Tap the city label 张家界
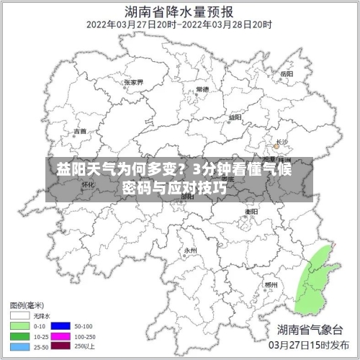tap(134, 82)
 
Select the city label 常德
tap(202, 89)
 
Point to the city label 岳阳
tap(287, 74)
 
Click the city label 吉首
tap(81, 132)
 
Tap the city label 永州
tap(190, 251)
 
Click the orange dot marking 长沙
tap(275, 146)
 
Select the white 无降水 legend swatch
tap(20, 315)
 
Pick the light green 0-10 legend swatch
tap(20, 325)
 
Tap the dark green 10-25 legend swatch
tap(20, 336)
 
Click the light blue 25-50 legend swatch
tap(20, 346)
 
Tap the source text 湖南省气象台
tap(312, 330)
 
